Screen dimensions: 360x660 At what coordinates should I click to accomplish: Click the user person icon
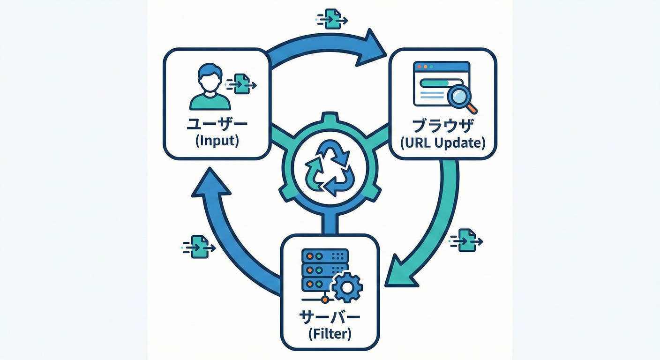210,88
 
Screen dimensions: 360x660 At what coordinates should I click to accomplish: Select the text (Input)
217,141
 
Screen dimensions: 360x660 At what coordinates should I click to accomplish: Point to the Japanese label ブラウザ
442,126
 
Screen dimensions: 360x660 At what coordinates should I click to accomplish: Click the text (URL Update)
442,142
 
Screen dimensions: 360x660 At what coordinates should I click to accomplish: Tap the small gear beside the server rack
347,286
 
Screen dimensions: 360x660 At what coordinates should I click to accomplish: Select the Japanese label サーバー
330,317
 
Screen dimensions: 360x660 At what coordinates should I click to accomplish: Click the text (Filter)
330,334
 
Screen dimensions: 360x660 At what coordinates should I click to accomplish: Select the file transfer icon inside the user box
241,84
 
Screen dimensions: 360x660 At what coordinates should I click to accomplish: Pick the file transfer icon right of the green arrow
467,240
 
